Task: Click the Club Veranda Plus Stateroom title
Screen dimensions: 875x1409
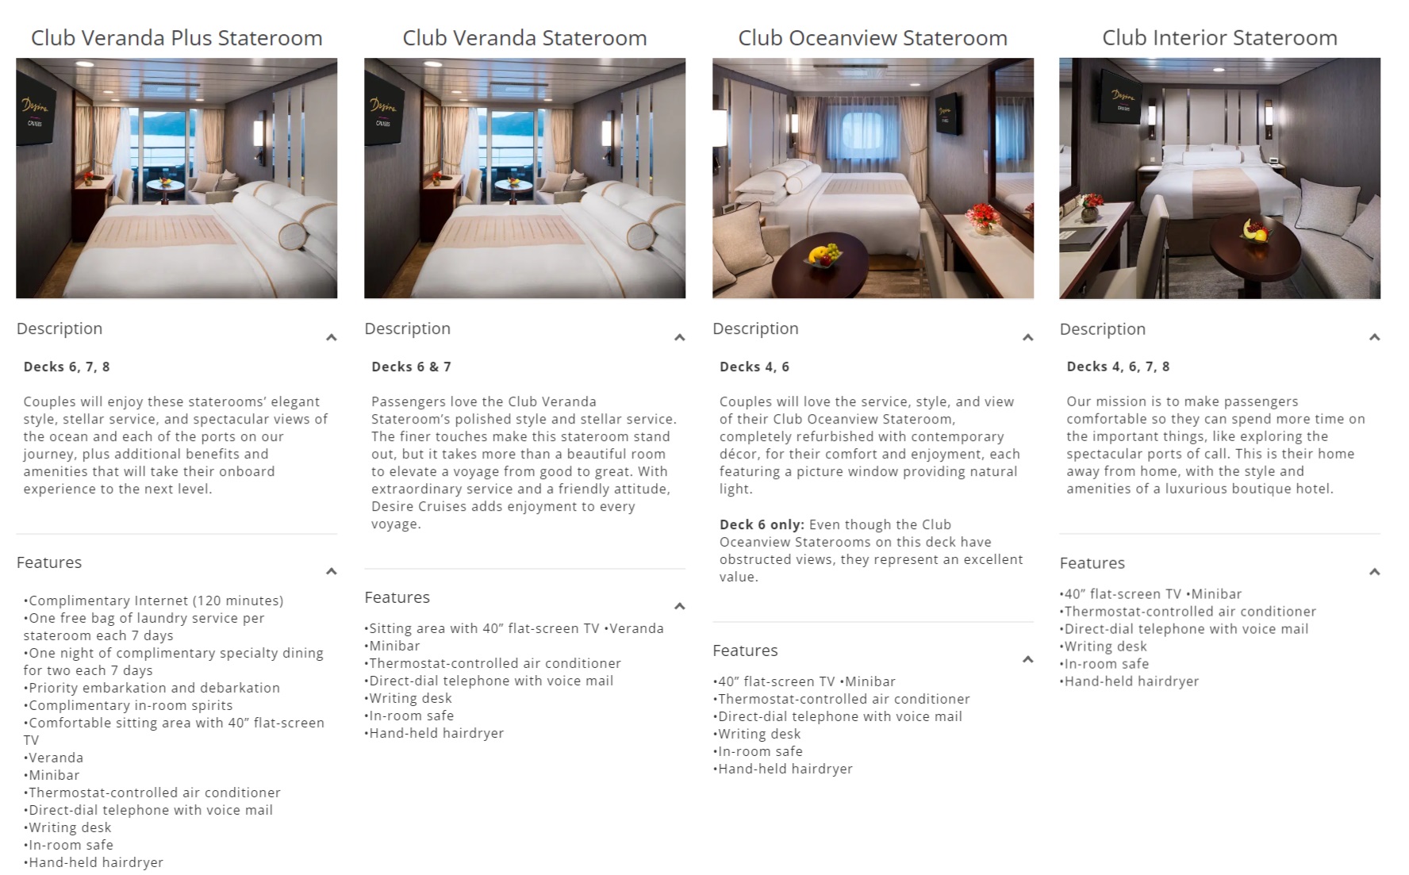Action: coord(176,37)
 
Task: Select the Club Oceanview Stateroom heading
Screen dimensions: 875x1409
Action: coord(872,37)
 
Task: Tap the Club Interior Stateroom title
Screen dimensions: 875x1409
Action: coord(1219,37)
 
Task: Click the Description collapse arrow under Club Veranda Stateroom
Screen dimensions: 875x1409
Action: coord(679,337)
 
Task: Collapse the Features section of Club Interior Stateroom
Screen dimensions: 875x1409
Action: coord(1374,571)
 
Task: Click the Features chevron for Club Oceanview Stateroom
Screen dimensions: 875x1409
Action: coord(1027,659)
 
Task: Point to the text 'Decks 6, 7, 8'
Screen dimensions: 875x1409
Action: coord(67,367)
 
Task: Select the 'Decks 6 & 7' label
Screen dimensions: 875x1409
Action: coord(411,367)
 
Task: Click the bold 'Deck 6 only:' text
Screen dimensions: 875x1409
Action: coord(761,524)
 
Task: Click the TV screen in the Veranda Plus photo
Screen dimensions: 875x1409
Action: coord(35,111)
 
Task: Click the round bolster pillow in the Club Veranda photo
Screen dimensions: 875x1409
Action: coord(640,236)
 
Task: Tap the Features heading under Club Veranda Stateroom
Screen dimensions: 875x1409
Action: coord(397,597)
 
